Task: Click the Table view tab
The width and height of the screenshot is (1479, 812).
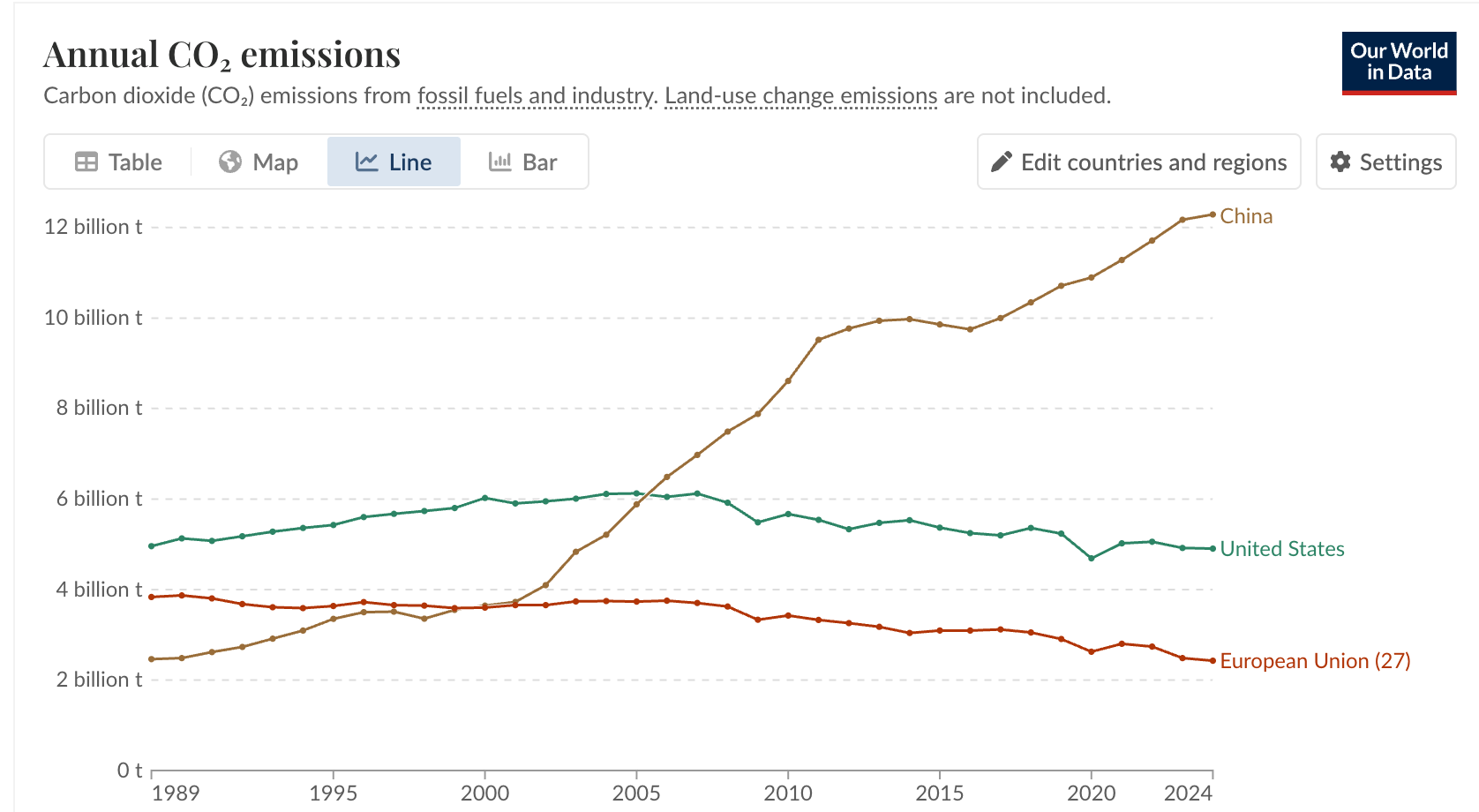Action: point(118,162)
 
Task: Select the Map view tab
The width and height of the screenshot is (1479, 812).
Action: point(259,162)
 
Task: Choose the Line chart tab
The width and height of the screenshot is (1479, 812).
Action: point(394,162)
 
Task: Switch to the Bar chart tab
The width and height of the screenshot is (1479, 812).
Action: point(523,162)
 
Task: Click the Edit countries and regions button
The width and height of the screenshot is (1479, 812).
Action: point(1138,162)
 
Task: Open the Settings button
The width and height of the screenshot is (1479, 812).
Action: point(1385,162)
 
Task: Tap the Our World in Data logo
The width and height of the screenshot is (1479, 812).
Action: point(1399,63)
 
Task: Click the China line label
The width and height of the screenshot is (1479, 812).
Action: point(1246,216)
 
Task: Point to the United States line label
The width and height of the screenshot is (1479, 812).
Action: point(1281,549)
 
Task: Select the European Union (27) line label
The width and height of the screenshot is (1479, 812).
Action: point(1315,661)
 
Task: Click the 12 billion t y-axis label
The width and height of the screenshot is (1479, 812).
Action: point(93,227)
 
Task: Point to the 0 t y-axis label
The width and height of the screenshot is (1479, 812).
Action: point(129,771)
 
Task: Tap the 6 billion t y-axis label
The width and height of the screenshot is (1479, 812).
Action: point(99,499)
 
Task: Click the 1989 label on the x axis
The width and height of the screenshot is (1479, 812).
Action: point(176,793)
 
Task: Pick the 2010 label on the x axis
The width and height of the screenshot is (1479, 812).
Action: point(788,793)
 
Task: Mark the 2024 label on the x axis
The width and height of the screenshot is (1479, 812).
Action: point(1188,793)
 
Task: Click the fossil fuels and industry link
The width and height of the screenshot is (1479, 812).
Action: point(536,95)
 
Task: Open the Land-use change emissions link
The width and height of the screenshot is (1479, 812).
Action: point(800,95)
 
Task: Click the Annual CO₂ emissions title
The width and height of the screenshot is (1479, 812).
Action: point(221,55)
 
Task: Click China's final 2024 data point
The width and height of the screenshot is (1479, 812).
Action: point(1212,214)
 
